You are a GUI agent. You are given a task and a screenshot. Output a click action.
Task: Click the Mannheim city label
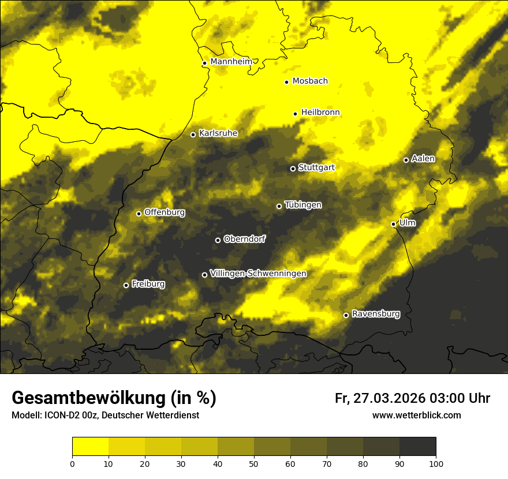(228, 62)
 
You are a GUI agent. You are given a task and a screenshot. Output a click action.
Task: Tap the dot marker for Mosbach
(286, 82)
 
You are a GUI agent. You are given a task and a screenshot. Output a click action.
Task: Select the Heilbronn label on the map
(320, 113)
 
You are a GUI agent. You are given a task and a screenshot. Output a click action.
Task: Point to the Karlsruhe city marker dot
(193, 134)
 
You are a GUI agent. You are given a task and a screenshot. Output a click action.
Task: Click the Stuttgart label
(316, 168)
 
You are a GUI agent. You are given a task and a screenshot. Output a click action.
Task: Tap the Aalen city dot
(406, 160)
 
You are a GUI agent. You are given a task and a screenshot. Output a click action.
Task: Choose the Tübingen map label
(303, 205)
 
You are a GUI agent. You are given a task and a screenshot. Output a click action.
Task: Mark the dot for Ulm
(393, 224)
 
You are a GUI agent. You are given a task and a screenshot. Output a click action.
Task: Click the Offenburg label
(165, 212)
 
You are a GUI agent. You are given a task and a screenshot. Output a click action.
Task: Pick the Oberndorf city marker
(218, 240)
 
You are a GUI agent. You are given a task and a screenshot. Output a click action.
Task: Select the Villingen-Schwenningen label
(258, 274)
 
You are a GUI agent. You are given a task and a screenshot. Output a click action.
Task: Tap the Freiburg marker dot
(126, 285)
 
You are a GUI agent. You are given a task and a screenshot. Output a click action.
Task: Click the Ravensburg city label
(376, 314)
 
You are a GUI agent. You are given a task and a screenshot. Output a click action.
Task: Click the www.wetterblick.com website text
(416, 416)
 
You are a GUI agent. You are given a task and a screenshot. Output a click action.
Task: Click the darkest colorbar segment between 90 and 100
(417, 447)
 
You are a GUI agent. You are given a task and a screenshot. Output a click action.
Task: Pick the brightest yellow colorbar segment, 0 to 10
(90, 447)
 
